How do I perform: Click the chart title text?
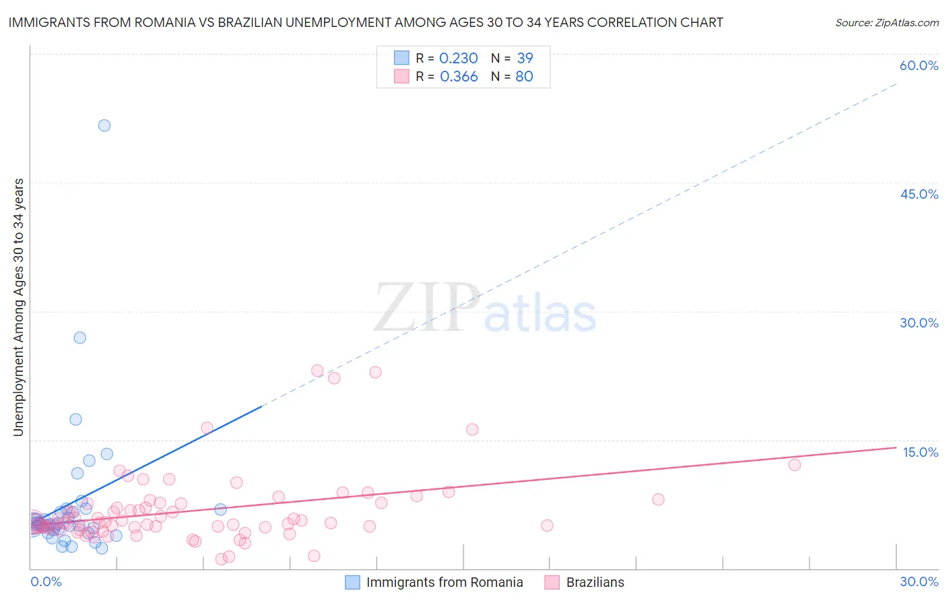[366, 22]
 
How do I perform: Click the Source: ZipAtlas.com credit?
[886, 22]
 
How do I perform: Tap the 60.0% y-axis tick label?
[919, 65]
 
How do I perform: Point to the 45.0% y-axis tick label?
[919, 194]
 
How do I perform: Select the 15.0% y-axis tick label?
[920, 452]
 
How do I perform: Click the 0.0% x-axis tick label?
[46, 581]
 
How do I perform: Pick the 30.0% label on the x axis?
[919, 581]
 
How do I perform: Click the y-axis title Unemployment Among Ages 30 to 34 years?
[19, 307]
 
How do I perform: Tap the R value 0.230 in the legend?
[458, 59]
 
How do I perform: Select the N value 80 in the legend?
[524, 77]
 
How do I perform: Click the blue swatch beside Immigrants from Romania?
[352, 582]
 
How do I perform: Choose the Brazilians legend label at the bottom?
[595, 582]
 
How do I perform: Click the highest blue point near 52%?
[104, 125]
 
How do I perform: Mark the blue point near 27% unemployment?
[80, 338]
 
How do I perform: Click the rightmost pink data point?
[795, 465]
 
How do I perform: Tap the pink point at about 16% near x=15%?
[472, 429]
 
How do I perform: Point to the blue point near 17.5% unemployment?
[76, 419]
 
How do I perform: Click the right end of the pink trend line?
[896, 447]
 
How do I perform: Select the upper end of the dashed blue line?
[896, 84]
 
